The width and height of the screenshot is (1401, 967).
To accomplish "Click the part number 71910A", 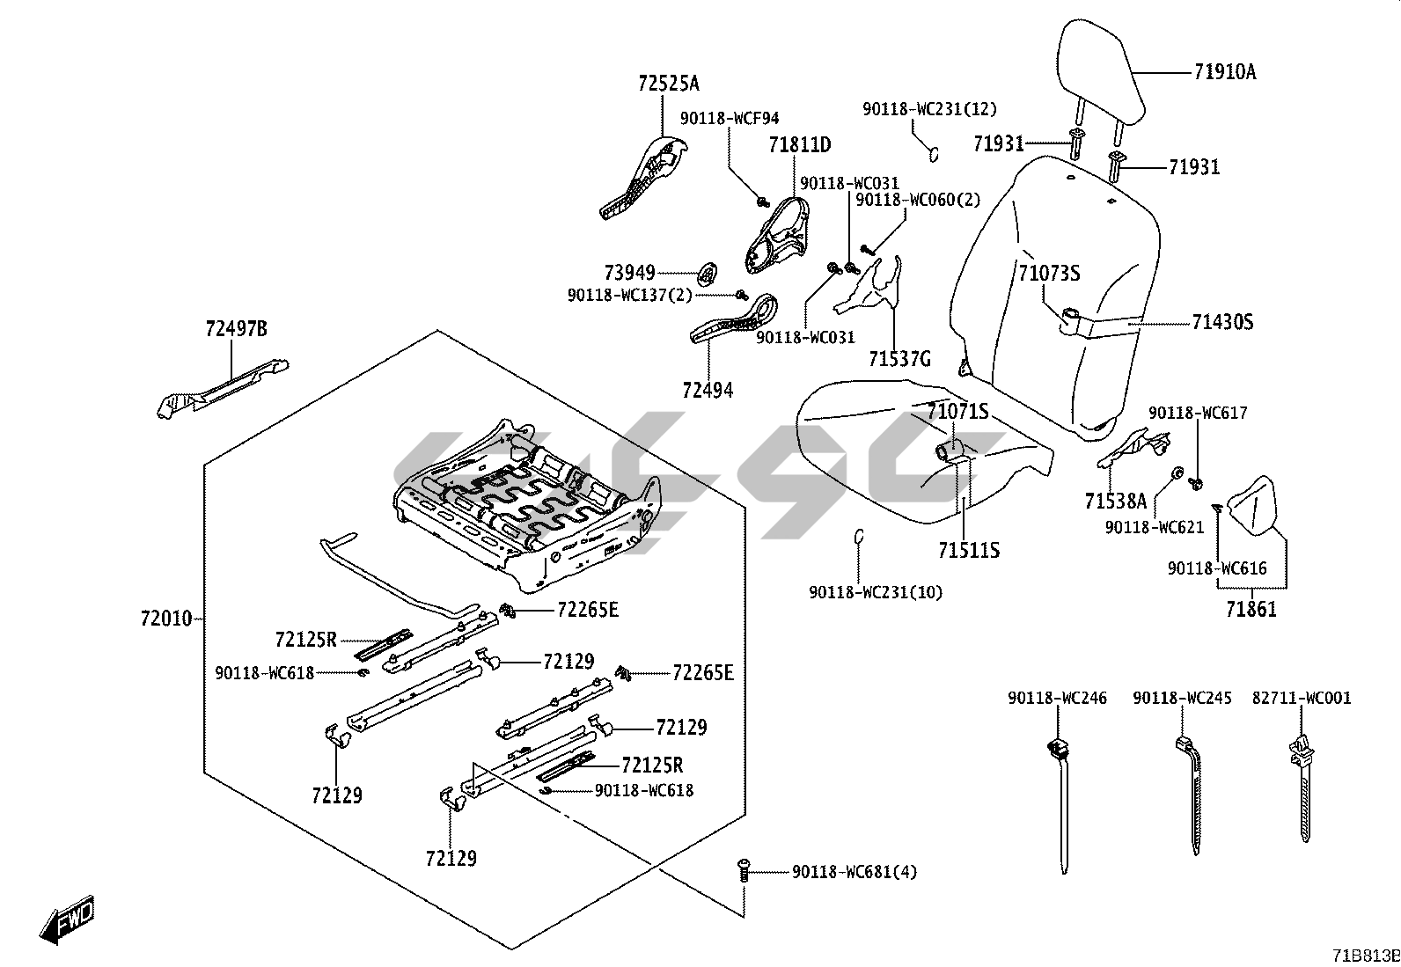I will pos(1225,73).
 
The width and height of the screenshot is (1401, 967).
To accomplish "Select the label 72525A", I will pos(668,84).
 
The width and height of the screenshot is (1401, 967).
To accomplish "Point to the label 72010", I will pos(165,619).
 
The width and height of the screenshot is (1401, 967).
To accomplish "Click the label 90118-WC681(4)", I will pos(855,872).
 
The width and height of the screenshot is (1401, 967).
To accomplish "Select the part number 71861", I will pos(1251,609).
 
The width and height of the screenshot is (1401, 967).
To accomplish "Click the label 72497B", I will pos(236,329).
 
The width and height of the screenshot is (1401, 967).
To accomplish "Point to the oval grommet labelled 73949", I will pos(707,275).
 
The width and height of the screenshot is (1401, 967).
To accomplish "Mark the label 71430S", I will pos(1222,323).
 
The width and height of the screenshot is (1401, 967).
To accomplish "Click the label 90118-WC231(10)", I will pos(875,593).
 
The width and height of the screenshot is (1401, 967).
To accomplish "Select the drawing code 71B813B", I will pos(1365,956).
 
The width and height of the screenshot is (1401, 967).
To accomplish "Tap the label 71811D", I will pos(799,144).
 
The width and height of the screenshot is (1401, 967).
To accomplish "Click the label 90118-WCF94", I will pos(729,118).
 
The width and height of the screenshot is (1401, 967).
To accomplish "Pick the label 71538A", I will pos(1115,502).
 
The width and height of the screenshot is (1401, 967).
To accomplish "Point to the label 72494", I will pos(707,390).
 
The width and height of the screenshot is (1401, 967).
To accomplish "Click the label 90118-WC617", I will pos(1198,413).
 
